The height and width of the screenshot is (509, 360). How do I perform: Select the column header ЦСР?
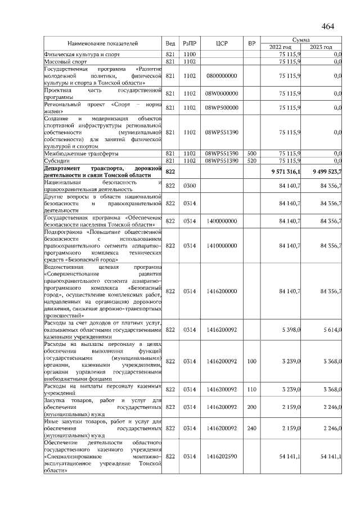click(x=222, y=43)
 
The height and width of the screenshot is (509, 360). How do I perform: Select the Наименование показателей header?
click(x=102, y=43)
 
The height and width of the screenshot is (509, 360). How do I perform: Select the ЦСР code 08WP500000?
click(x=222, y=107)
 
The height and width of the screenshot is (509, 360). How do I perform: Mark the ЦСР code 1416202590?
click(x=222, y=457)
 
